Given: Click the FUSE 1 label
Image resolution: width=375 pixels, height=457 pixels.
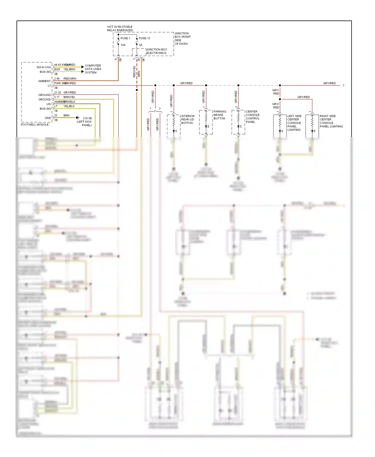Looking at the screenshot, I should point(125,38).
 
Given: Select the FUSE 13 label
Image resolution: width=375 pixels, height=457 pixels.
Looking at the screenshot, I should point(144,38).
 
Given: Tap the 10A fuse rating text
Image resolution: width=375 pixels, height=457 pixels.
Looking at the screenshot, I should point(123,45).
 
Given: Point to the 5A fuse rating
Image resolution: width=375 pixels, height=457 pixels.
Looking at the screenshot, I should point(140,45).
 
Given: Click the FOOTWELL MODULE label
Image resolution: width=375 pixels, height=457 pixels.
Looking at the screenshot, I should point(35,124).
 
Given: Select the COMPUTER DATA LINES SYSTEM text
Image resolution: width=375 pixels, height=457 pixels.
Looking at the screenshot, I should point(93,69).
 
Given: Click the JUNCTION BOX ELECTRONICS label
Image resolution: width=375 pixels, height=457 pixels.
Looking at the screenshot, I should point(156,51).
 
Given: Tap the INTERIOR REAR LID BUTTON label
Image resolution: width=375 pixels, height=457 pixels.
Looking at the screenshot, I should point(187,119).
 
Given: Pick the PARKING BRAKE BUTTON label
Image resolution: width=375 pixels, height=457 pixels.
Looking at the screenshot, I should point(219,115).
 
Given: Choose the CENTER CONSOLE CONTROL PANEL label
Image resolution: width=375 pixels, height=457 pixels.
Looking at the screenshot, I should point(252,117).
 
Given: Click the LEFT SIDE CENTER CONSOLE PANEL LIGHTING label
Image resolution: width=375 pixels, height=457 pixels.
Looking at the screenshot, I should point(294,123).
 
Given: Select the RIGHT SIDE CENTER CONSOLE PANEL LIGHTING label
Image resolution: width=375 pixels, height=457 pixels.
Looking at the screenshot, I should point(331,121).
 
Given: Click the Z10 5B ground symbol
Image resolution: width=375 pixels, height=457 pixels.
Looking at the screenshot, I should point(78,117).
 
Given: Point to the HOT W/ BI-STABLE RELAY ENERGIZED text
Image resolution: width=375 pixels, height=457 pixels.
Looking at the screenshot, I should point(120,28).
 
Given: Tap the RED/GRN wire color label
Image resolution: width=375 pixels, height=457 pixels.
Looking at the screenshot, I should point(70,78).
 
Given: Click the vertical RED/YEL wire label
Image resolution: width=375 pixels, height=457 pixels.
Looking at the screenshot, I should point(134,71).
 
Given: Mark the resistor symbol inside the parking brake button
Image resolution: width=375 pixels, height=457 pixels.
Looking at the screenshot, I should point(206,117).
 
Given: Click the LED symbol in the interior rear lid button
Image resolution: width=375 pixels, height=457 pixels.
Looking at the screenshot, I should point(174,131).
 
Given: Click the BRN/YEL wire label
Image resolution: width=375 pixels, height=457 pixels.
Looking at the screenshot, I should point(69,97).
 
